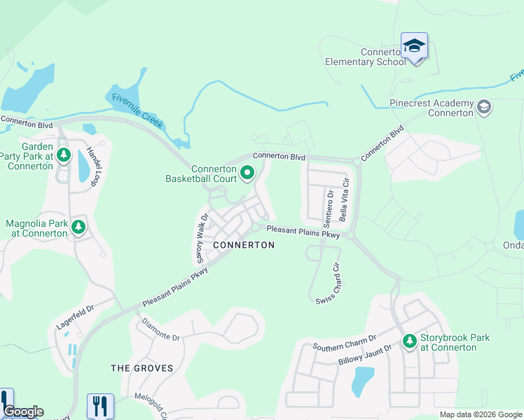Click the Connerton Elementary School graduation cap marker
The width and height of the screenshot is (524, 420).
[414, 46]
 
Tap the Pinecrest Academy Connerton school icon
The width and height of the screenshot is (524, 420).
[483, 107]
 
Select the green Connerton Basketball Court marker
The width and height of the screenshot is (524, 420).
[247, 171]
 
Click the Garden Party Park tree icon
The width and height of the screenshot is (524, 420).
[64, 154]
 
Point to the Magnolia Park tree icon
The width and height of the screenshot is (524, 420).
[79, 226]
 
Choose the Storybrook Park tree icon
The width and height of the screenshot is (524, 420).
[409, 341]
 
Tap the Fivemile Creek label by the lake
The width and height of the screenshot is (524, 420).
[137, 111]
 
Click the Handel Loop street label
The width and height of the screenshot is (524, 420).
[98, 168]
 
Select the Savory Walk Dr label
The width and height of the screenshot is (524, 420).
[201, 237]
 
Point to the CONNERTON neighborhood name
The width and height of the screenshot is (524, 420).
[243, 245]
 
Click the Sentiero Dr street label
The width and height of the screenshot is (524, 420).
[328, 206]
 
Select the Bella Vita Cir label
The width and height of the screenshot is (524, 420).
[343, 199]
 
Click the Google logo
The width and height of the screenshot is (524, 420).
[23, 412]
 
